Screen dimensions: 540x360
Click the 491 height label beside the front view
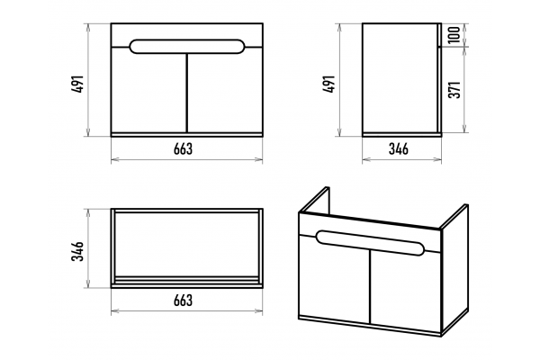pyautogui.click(x=78, y=84)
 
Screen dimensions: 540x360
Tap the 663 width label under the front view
pyautogui.click(x=184, y=148)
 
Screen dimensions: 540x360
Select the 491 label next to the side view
pyautogui.click(x=329, y=84)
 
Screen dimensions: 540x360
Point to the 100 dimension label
pyautogui.click(x=454, y=34)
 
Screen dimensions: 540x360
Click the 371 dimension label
pyautogui.click(x=454, y=90)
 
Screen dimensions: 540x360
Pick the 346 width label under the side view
pyautogui.click(x=399, y=148)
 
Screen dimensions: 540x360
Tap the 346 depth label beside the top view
pyautogui.click(x=77, y=251)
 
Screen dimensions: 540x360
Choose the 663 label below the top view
pyautogui.click(x=184, y=301)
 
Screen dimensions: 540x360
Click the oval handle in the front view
pyautogui.click(x=187, y=47)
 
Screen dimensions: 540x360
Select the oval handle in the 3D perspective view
pyautogui.click(x=370, y=243)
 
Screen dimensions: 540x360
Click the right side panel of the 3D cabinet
pyautogui.click(x=454, y=270)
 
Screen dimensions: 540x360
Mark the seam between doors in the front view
pyautogui.click(x=186, y=93)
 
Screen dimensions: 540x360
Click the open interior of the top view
pyautogui.click(x=186, y=244)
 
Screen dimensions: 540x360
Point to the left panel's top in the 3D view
pyautogui.click(x=314, y=199)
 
